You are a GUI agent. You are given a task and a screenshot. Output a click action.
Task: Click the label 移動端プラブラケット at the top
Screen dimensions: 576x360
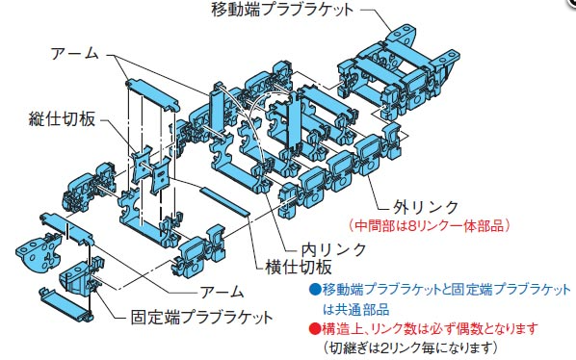click(x=282, y=10)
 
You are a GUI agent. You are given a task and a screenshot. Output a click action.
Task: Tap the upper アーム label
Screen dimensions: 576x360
click(x=75, y=54)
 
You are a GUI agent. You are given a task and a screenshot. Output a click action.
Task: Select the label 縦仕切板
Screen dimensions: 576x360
click(x=62, y=118)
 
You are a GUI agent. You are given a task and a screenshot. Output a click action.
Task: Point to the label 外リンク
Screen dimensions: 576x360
click(x=426, y=208)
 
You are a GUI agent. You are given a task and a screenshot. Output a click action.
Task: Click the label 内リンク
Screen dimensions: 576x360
click(x=334, y=250)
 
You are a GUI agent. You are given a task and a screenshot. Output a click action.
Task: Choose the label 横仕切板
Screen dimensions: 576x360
click(x=299, y=267)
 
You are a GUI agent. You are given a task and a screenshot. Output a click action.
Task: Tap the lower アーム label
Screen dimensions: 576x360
click(x=222, y=292)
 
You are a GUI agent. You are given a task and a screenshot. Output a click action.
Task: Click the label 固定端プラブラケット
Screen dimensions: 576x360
click(x=202, y=317)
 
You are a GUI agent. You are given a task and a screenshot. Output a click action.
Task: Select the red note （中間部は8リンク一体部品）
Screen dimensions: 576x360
click(x=430, y=225)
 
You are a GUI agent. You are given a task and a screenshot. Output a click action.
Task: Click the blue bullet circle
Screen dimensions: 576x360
click(x=315, y=290)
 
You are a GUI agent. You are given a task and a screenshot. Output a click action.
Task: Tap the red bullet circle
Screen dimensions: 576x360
click(x=315, y=328)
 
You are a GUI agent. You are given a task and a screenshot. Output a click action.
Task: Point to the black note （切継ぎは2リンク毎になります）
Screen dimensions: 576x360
click(x=410, y=347)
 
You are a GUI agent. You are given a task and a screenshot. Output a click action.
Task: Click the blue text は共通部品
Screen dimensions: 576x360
click(x=356, y=309)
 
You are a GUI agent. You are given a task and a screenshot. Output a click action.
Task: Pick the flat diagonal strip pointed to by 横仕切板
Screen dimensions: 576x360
click(x=224, y=201)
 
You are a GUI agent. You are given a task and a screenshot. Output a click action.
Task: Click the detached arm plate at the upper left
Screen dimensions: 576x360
click(x=153, y=94)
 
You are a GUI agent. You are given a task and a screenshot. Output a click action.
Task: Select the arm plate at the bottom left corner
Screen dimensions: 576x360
click(x=65, y=304)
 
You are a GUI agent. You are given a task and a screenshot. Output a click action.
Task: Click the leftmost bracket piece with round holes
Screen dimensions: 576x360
click(x=39, y=252)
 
